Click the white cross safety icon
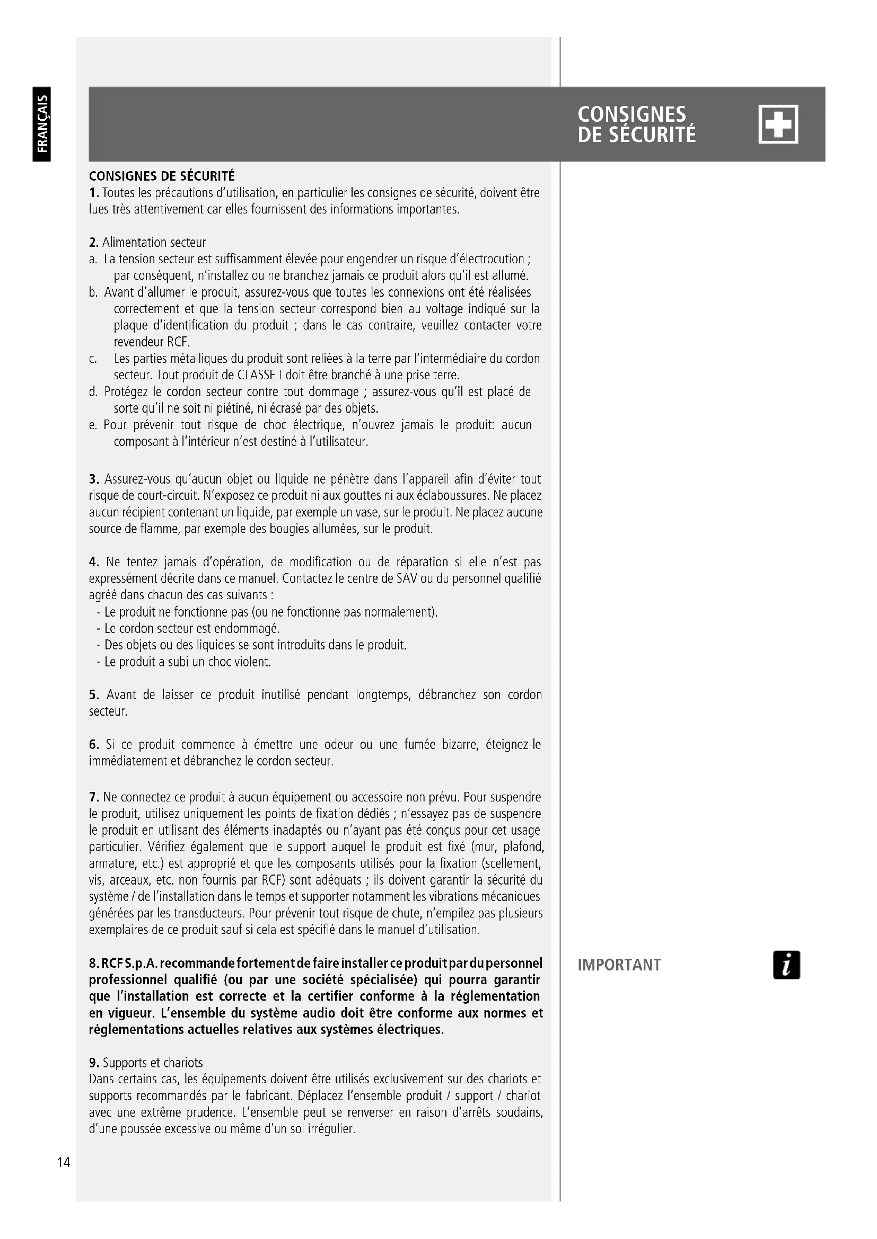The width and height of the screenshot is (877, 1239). [x=778, y=124]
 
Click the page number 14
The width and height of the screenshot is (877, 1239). [x=64, y=1162]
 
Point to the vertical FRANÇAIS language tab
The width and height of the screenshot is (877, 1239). [x=42, y=124]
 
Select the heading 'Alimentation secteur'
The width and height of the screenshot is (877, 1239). [x=154, y=242]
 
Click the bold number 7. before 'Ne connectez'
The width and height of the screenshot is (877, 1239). [x=94, y=797]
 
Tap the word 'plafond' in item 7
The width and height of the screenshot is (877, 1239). [x=523, y=846]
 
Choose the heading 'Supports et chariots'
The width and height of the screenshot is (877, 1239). [x=153, y=1063]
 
